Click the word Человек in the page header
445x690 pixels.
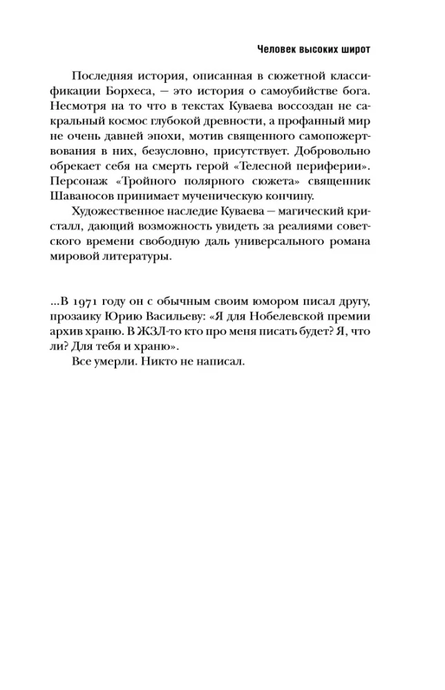[278, 49]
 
